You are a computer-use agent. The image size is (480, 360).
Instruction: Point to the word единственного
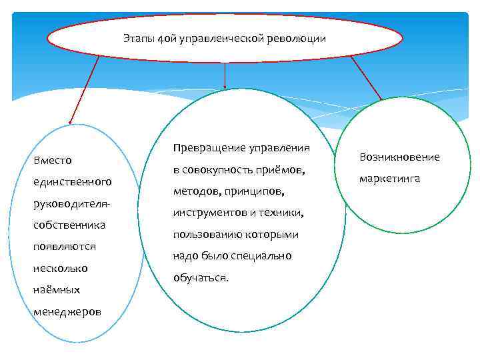coord(72,181)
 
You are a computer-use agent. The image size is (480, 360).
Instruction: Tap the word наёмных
coord(56,290)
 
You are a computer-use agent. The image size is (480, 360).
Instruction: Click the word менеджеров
coord(67,311)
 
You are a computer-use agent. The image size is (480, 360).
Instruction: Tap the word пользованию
coord(203,235)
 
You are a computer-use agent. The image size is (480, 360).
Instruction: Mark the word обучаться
coord(200,278)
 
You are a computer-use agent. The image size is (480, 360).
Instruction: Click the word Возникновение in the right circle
coord(399,157)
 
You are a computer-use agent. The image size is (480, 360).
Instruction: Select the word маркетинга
coord(390,179)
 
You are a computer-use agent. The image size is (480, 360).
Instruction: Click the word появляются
coord(65,247)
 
